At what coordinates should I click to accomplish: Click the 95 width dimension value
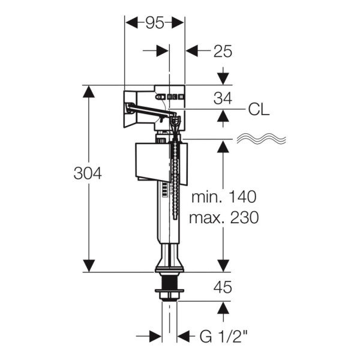pos(154,22)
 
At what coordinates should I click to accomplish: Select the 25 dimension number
pos(223,52)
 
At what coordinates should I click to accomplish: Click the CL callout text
pos(258,110)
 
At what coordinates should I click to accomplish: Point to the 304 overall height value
pos(88,174)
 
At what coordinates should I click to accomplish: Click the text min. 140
pos(223,197)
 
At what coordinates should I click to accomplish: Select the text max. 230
pos(223,217)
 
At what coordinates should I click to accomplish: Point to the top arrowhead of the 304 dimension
pos(89,91)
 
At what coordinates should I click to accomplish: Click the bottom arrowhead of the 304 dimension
pos(89,265)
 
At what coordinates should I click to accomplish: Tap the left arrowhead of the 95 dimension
pos(130,22)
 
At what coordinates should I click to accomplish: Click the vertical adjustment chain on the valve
pos(176,180)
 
